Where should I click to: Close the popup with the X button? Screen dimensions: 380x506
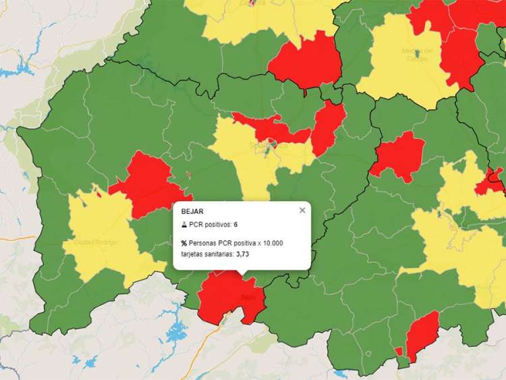(302, 210)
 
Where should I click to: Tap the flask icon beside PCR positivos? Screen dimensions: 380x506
(184, 224)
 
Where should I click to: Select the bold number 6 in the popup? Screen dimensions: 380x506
(236, 224)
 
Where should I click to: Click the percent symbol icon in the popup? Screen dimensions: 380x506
(184, 243)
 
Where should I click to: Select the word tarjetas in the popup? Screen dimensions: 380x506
(195, 254)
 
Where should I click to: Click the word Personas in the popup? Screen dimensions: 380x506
(205, 243)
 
